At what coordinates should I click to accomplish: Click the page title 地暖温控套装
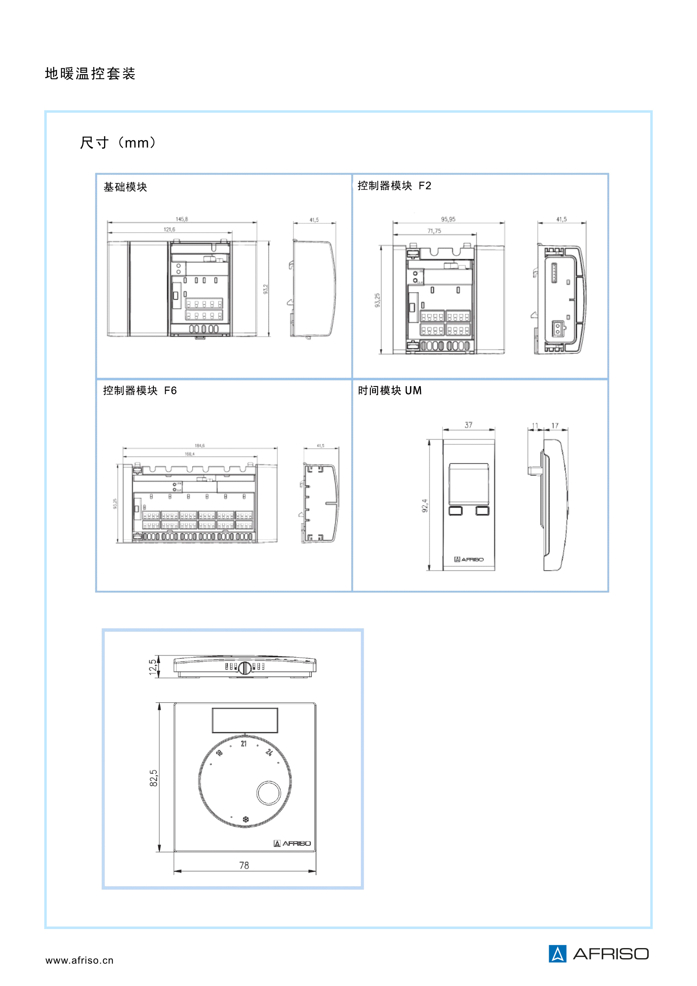tap(90, 73)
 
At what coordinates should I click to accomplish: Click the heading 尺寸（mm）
tap(118, 142)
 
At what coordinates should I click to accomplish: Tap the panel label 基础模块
tap(125, 187)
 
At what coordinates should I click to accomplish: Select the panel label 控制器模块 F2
tap(394, 185)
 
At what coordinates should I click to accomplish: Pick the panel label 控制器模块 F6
tap(139, 390)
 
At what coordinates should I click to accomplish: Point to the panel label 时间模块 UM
tap(389, 390)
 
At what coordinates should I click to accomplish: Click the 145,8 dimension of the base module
tap(182, 219)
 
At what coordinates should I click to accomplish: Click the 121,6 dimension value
tap(169, 229)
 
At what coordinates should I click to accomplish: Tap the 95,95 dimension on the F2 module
tap(448, 219)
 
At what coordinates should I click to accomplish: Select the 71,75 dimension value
tap(434, 231)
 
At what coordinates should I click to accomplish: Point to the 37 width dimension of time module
tap(468, 425)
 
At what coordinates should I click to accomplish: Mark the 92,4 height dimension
tap(424, 505)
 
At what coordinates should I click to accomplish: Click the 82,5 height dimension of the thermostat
tap(154, 778)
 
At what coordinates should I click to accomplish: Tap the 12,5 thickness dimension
tap(153, 667)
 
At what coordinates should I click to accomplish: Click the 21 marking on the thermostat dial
tap(244, 744)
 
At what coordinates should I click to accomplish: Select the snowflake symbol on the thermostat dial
tap(246, 819)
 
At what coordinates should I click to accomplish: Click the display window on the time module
tap(468, 484)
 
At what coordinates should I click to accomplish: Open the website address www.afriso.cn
tap(79, 960)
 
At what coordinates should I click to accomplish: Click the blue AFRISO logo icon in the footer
tap(557, 954)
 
